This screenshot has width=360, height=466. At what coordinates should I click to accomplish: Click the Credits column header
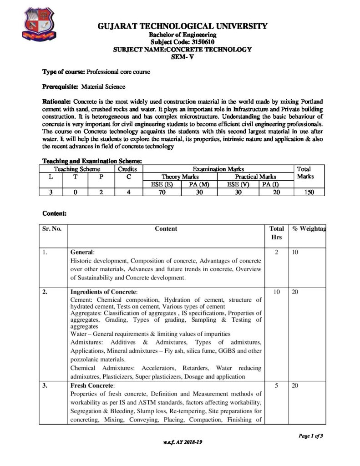click(x=129, y=168)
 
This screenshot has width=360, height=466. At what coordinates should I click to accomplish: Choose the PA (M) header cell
click(x=199, y=184)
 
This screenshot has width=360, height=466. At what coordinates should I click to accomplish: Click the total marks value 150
click(x=309, y=192)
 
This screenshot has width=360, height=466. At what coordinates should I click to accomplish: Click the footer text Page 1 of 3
click(x=310, y=436)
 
